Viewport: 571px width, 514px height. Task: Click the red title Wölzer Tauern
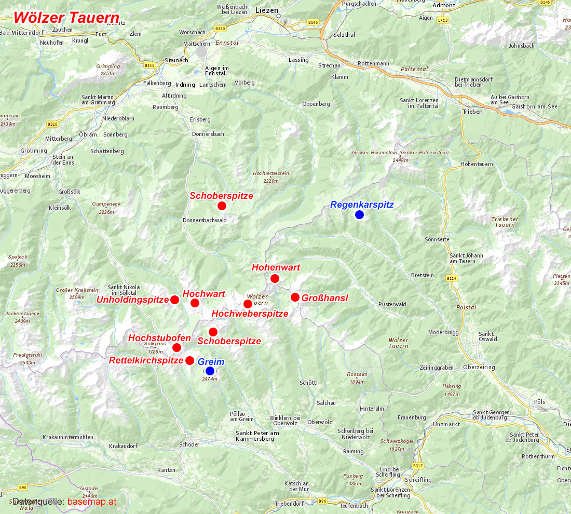[66, 18]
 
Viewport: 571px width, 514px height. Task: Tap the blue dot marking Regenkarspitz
[359, 215]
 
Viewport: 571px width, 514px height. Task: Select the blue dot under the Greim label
[210, 371]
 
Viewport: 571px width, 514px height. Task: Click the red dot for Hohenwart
[275, 279]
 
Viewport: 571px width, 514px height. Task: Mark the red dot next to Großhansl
[295, 297]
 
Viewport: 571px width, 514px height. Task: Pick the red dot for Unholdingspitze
[175, 300]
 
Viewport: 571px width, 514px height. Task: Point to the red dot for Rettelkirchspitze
[190, 360]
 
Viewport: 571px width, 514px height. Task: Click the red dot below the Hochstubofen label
[177, 348]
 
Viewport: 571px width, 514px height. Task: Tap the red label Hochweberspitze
[250, 314]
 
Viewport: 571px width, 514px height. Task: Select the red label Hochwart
[204, 294]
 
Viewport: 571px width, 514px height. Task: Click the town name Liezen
[267, 10]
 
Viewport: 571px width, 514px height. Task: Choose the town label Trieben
[472, 112]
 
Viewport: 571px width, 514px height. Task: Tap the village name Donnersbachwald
[205, 220]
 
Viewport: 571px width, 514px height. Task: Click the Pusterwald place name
[392, 304]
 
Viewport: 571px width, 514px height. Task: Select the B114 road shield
[452, 279]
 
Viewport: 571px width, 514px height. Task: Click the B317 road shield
[418, 466]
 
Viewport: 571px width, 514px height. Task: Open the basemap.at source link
[92, 502]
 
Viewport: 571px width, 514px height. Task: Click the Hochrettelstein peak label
[271, 173]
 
